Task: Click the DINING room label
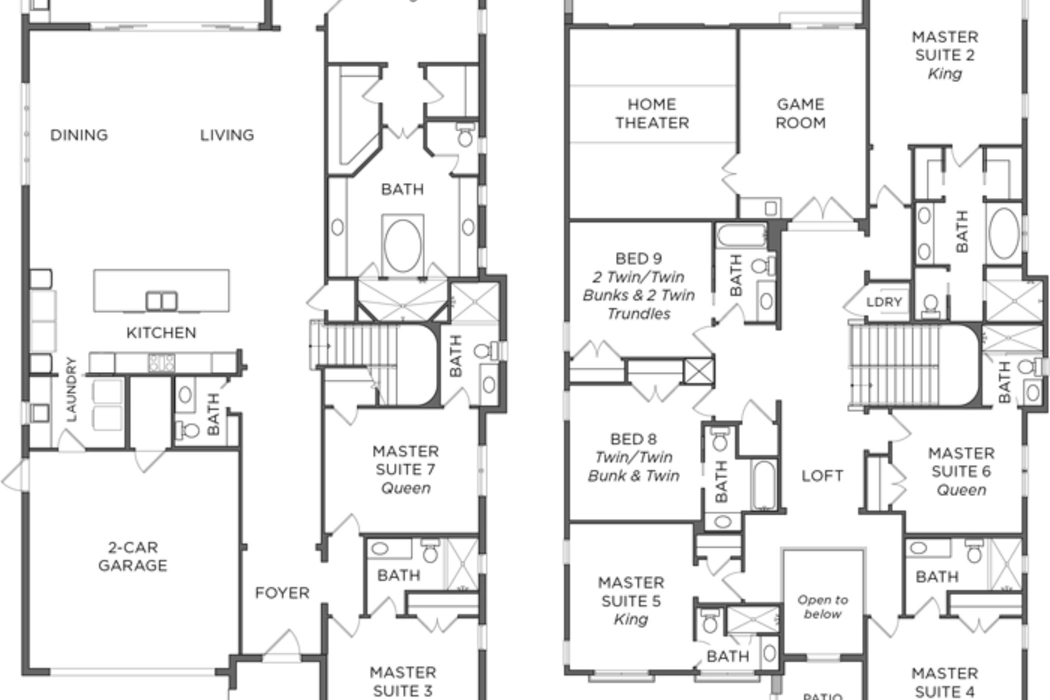[79, 135]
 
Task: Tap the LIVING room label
[227, 135]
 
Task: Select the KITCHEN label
[161, 332]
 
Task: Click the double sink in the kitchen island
[161, 301]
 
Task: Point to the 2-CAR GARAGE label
[133, 556]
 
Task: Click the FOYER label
[282, 593]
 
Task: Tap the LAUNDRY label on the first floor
[72, 389]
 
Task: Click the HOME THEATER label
[652, 113]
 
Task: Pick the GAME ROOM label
[800, 113]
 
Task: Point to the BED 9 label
[638, 258]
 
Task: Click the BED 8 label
[633, 439]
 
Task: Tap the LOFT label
[822, 475]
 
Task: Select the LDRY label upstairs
[884, 302]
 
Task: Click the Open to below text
[822, 606]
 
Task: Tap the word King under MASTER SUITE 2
[944, 74]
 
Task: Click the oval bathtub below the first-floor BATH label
[402, 245]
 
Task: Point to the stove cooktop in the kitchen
[161, 362]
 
